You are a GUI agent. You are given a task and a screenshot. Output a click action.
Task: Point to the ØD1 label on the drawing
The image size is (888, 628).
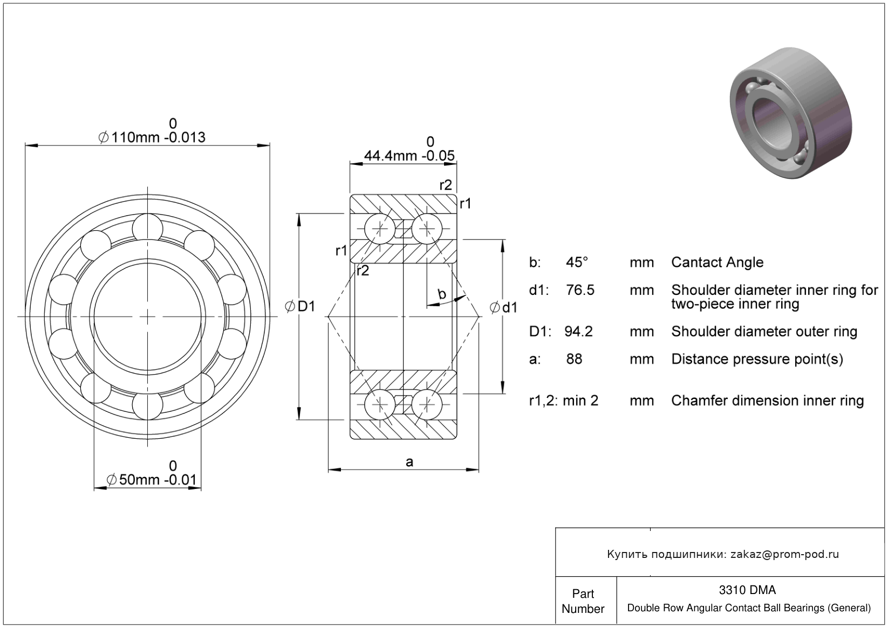click(x=300, y=306)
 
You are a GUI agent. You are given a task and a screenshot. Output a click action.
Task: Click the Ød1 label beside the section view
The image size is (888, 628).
click(x=503, y=307)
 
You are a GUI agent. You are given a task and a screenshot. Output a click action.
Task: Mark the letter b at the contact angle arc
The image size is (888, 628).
click(x=442, y=294)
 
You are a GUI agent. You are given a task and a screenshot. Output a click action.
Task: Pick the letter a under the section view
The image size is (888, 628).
click(x=409, y=462)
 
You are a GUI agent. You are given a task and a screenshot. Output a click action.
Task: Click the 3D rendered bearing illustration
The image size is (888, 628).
click(x=791, y=113)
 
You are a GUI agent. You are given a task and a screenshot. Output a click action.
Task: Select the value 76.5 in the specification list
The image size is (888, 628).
click(x=580, y=291)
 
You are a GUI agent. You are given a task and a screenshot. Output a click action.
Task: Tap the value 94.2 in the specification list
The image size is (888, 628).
click(x=578, y=332)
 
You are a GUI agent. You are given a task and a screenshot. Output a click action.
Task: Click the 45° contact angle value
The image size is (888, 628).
click(x=577, y=263)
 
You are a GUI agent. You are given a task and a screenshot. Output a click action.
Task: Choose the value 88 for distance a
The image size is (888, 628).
click(x=574, y=359)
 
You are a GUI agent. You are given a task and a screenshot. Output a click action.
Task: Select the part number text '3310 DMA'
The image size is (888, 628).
click(x=747, y=590)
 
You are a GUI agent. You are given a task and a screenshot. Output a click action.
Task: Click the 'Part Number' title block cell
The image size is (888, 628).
click(x=583, y=601)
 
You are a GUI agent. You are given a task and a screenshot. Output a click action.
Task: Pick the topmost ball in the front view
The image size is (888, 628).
click(x=147, y=229)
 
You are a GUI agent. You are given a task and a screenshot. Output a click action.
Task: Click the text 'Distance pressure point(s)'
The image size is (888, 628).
click(x=757, y=360)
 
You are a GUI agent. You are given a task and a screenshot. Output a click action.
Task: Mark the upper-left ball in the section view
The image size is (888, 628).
click(x=380, y=229)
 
